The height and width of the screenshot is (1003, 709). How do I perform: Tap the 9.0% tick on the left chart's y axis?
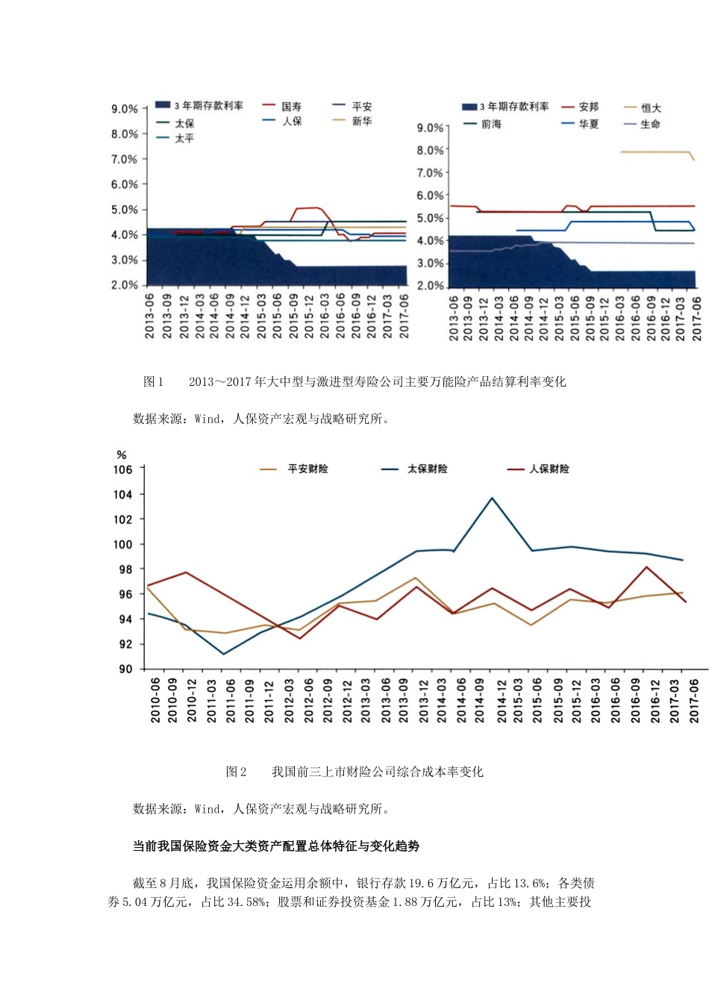125,109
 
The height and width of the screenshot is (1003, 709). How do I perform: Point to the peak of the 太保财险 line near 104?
492,498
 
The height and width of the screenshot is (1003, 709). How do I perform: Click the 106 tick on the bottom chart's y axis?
123,469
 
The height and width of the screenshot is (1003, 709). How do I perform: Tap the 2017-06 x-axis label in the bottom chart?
694,699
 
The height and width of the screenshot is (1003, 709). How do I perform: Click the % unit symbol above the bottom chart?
122,454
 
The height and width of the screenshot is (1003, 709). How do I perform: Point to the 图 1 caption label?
153,381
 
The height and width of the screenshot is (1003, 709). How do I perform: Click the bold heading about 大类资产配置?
275,846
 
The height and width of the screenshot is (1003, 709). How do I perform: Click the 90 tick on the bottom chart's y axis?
125,669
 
